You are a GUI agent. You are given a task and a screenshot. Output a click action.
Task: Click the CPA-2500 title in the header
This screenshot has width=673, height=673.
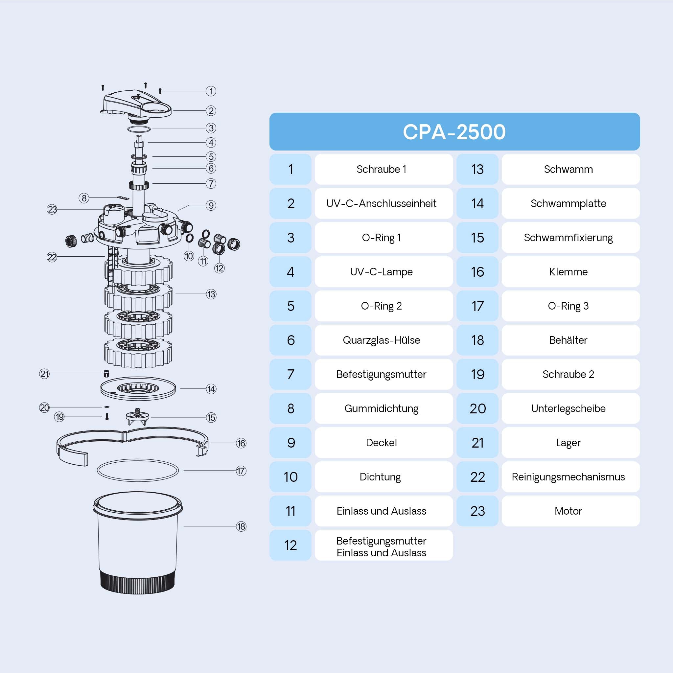[454, 132]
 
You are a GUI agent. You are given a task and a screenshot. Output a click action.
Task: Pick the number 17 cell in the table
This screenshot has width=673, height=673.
[477, 306]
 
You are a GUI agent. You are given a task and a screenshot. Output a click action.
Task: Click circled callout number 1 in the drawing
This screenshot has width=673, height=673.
[211, 91]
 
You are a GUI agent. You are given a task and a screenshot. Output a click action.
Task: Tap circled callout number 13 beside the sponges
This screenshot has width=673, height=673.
[211, 294]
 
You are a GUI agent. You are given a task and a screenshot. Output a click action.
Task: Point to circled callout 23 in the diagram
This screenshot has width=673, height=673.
[52, 209]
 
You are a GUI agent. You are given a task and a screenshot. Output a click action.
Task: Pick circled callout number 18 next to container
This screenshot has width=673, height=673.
[241, 526]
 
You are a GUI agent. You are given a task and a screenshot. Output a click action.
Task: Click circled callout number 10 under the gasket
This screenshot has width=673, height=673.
[189, 256]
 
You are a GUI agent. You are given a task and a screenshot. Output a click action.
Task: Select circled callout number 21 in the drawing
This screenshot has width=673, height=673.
[45, 374]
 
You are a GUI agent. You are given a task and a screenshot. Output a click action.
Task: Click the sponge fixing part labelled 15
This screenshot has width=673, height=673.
[137, 416]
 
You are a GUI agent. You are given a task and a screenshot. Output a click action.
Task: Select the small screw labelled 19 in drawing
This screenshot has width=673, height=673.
[107, 416]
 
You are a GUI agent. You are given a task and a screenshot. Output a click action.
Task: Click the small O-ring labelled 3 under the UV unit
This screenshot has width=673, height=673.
[139, 129]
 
